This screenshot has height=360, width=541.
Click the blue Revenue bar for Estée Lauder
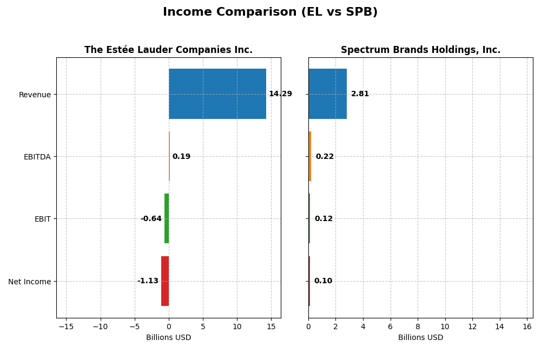click(217, 94)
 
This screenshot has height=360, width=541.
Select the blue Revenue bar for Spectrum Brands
click(327, 94)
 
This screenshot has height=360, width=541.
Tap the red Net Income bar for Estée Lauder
click(165, 281)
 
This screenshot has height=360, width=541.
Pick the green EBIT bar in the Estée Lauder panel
click(167, 218)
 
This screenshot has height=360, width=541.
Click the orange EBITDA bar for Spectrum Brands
click(310, 156)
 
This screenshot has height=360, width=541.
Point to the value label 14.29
click(280, 94)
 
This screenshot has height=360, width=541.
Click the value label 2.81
click(360, 94)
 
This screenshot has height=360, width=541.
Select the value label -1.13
click(148, 281)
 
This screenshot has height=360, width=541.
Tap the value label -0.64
click(151, 219)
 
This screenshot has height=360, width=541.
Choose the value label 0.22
click(325, 157)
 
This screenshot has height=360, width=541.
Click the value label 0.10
click(323, 281)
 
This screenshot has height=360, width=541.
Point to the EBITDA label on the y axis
click(37, 157)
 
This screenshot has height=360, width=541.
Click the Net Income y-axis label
click(29, 282)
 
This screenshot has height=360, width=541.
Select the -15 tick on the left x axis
click(66, 326)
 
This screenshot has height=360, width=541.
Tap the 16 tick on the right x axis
click(527, 326)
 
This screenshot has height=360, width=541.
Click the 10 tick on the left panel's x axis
click(237, 326)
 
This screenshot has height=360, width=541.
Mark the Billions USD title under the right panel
click(420, 338)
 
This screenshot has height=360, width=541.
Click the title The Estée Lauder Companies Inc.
click(168, 50)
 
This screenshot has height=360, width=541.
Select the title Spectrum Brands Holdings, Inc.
click(420, 50)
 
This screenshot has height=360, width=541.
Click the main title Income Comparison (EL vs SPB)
click(270, 12)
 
